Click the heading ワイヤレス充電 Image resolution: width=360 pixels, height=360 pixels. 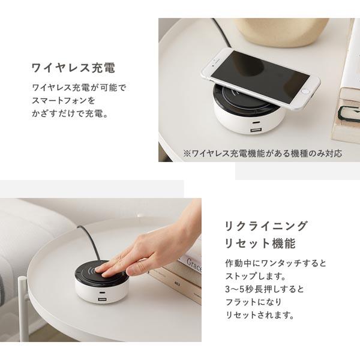point(73,68)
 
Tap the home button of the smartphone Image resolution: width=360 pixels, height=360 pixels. point(305,91)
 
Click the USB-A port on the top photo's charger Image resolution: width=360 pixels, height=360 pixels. point(256,131)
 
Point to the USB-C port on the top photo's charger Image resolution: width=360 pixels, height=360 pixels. point(255,122)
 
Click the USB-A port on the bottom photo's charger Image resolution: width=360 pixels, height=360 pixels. point(101,299)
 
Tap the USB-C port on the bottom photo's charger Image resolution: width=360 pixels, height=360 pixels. point(101,293)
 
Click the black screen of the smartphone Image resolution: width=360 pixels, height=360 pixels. point(259,75)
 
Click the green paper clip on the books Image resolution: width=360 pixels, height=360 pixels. point(349,112)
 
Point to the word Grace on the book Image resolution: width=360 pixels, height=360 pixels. point(194,264)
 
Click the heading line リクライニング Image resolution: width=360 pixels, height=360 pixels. point(266,226)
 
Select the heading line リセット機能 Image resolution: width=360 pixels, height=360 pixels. point(260,244)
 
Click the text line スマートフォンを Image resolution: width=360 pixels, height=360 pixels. point(64,100)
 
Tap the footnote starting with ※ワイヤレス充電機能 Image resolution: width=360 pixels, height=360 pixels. point(262,154)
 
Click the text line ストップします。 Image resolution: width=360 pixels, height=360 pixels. point(256,276)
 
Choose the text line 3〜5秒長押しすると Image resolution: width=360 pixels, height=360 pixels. point(265,289)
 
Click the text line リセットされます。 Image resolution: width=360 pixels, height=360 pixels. point(260,315)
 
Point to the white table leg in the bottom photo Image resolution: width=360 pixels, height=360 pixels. point(23,310)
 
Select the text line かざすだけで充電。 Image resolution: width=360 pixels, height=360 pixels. point(70,113)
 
